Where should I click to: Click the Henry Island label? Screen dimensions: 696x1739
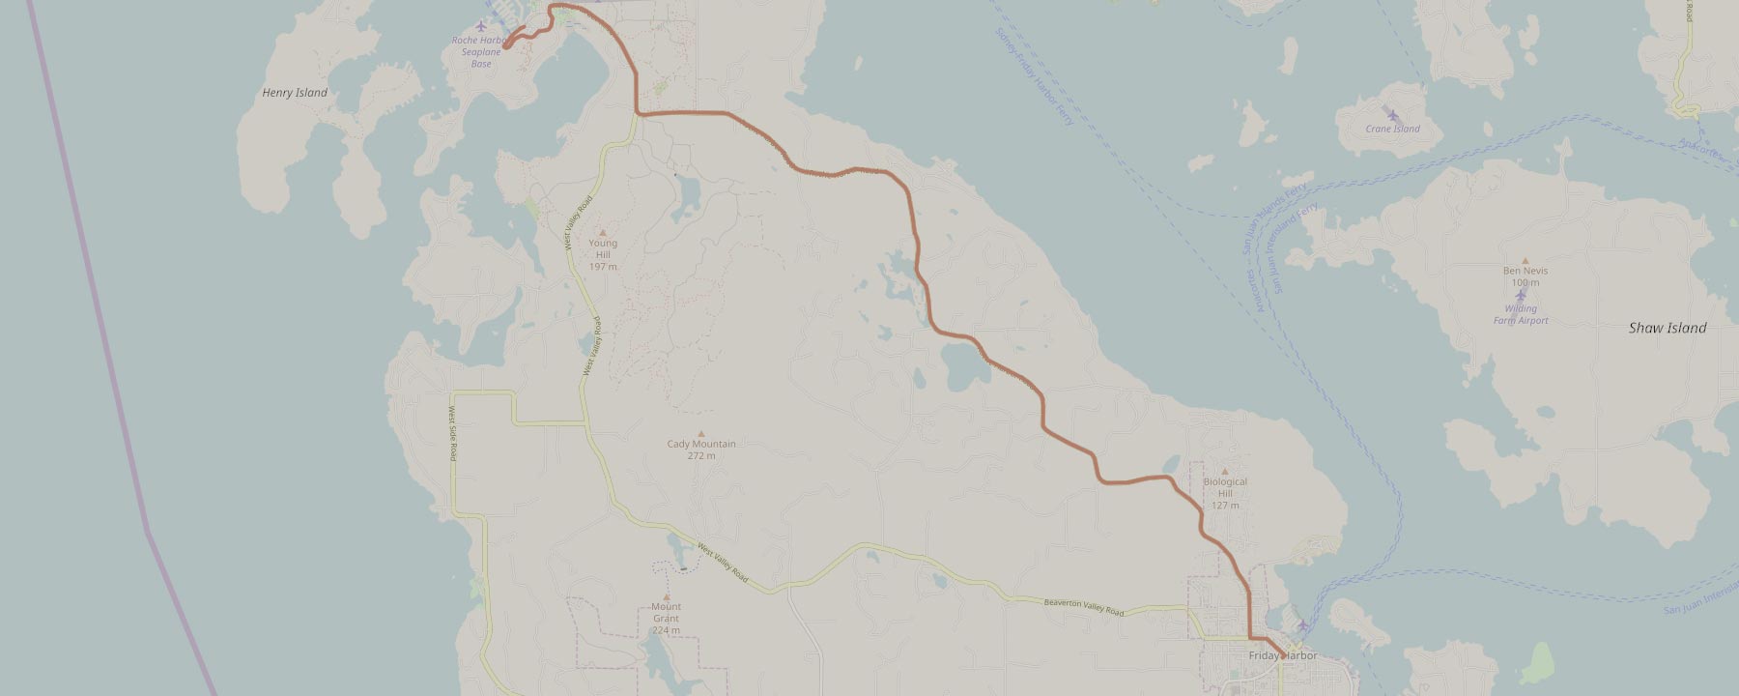295,93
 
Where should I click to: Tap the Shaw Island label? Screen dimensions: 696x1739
1668,328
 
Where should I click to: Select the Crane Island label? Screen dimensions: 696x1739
1392,129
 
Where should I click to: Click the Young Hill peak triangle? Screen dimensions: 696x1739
603,232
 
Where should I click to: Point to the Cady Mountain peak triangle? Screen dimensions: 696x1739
701,433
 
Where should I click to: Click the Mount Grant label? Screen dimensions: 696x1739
666,613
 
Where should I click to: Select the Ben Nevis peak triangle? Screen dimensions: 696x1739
1525,260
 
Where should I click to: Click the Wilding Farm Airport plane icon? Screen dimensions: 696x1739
1521,295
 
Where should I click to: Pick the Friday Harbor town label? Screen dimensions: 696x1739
1282,656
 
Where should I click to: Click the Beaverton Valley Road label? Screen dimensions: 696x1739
1084,607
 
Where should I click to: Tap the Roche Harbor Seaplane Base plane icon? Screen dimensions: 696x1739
481,25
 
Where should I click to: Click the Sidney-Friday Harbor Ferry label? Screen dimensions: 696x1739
1035,77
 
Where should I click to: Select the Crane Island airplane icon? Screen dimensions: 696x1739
1392,115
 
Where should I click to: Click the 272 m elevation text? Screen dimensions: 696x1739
701,455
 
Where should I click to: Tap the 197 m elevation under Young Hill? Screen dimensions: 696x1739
603,266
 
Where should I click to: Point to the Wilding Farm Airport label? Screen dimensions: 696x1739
1521,314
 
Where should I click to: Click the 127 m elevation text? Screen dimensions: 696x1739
1225,506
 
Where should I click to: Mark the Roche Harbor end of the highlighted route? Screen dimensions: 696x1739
506,44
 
